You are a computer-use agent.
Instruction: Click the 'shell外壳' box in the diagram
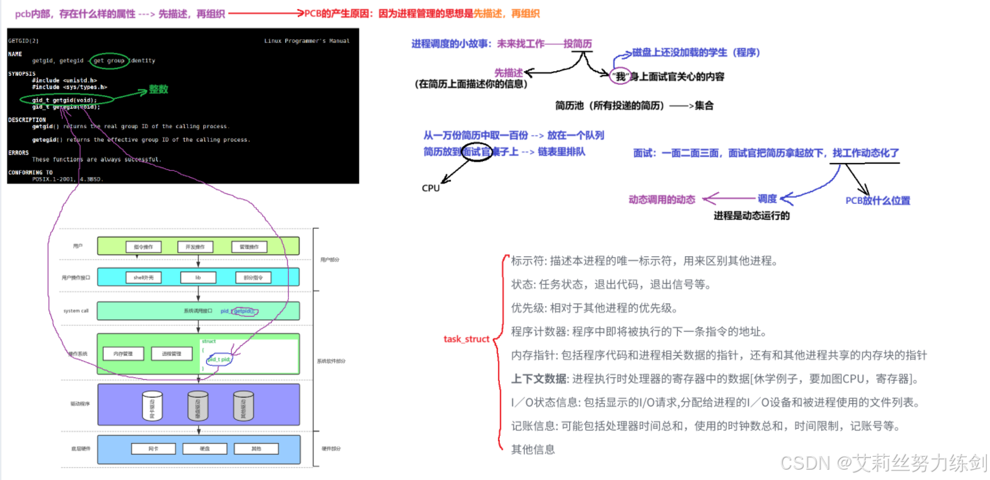click(x=143, y=278)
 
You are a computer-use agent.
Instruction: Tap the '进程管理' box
click(x=172, y=354)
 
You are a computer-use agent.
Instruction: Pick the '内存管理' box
click(x=123, y=354)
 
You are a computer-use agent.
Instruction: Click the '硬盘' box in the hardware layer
click(x=200, y=449)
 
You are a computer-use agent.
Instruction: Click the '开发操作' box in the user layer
click(x=195, y=246)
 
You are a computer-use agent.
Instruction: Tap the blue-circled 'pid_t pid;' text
click(x=219, y=359)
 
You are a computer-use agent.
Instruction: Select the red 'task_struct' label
click(x=466, y=339)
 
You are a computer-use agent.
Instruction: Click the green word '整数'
click(x=159, y=90)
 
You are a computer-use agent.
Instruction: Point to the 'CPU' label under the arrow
click(x=431, y=188)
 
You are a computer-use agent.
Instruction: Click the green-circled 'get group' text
click(x=109, y=61)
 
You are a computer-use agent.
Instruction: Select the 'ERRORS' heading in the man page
click(x=19, y=153)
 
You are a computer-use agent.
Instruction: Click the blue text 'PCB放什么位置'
click(x=877, y=201)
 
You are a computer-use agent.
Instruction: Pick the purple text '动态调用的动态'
click(x=662, y=200)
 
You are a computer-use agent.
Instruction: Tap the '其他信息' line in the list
click(x=533, y=449)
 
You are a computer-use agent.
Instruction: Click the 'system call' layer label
click(x=76, y=311)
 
